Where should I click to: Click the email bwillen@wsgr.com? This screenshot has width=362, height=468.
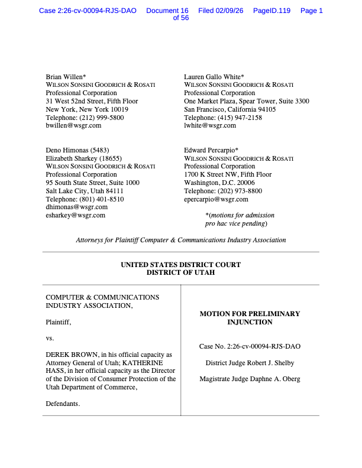pos(73,125)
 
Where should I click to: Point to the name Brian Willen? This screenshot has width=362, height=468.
pos(64,77)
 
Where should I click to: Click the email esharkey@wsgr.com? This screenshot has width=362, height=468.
pos(75,215)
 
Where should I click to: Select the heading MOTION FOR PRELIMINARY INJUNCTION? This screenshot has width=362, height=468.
pos(249,318)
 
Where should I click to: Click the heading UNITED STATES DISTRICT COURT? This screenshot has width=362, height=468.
pos(180,265)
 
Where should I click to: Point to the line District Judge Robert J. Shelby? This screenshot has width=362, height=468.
pos(249,362)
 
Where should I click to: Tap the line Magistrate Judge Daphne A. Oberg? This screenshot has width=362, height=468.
pos(249,379)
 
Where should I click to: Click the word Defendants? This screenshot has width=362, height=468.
pos(63,404)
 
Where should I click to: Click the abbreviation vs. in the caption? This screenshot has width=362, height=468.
pos(50,338)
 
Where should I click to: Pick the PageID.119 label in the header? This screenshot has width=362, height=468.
pos(271,11)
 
